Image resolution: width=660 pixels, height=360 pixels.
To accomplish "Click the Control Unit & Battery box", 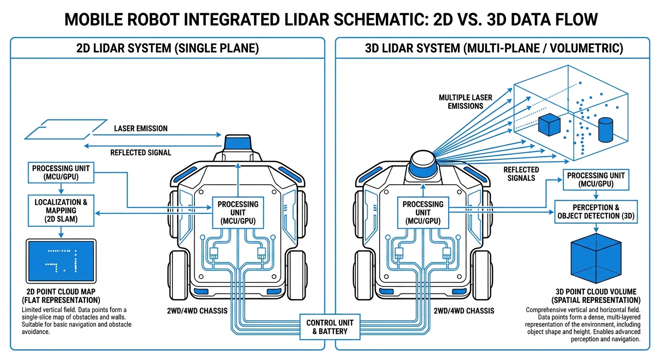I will [330, 327].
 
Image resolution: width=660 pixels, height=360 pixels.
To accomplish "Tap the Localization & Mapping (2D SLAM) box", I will [61, 210].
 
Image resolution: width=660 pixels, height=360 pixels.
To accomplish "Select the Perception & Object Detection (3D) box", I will [595, 212].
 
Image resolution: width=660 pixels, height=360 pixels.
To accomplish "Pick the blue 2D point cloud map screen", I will [61, 261].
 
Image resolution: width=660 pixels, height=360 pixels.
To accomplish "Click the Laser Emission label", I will [141, 128].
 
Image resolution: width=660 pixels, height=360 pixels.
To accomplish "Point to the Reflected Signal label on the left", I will [141, 152].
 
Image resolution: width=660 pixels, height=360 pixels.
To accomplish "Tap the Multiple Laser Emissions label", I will [465, 102].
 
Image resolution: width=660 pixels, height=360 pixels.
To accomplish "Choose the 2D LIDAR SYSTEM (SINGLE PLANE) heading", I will [167, 48].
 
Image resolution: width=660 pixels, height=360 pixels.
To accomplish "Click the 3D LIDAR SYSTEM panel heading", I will [493, 48].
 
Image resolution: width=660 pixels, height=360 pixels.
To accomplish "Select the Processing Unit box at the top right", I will [595, 179].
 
